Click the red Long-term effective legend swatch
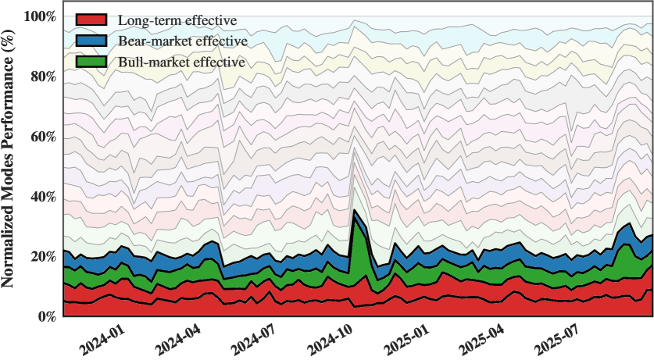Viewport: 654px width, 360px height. click(91, 20)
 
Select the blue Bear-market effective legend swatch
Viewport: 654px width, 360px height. click(91, 41)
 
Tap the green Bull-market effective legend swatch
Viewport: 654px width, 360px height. click(91, 62)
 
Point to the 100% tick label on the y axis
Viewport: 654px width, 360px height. click(40, 16)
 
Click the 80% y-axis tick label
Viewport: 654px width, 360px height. click(43, 77)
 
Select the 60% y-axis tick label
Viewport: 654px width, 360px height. click(43, 137)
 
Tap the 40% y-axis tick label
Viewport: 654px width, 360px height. click(43, 197)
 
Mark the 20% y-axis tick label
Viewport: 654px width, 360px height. click(43, 257)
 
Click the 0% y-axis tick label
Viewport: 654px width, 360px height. click(46, 317)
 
